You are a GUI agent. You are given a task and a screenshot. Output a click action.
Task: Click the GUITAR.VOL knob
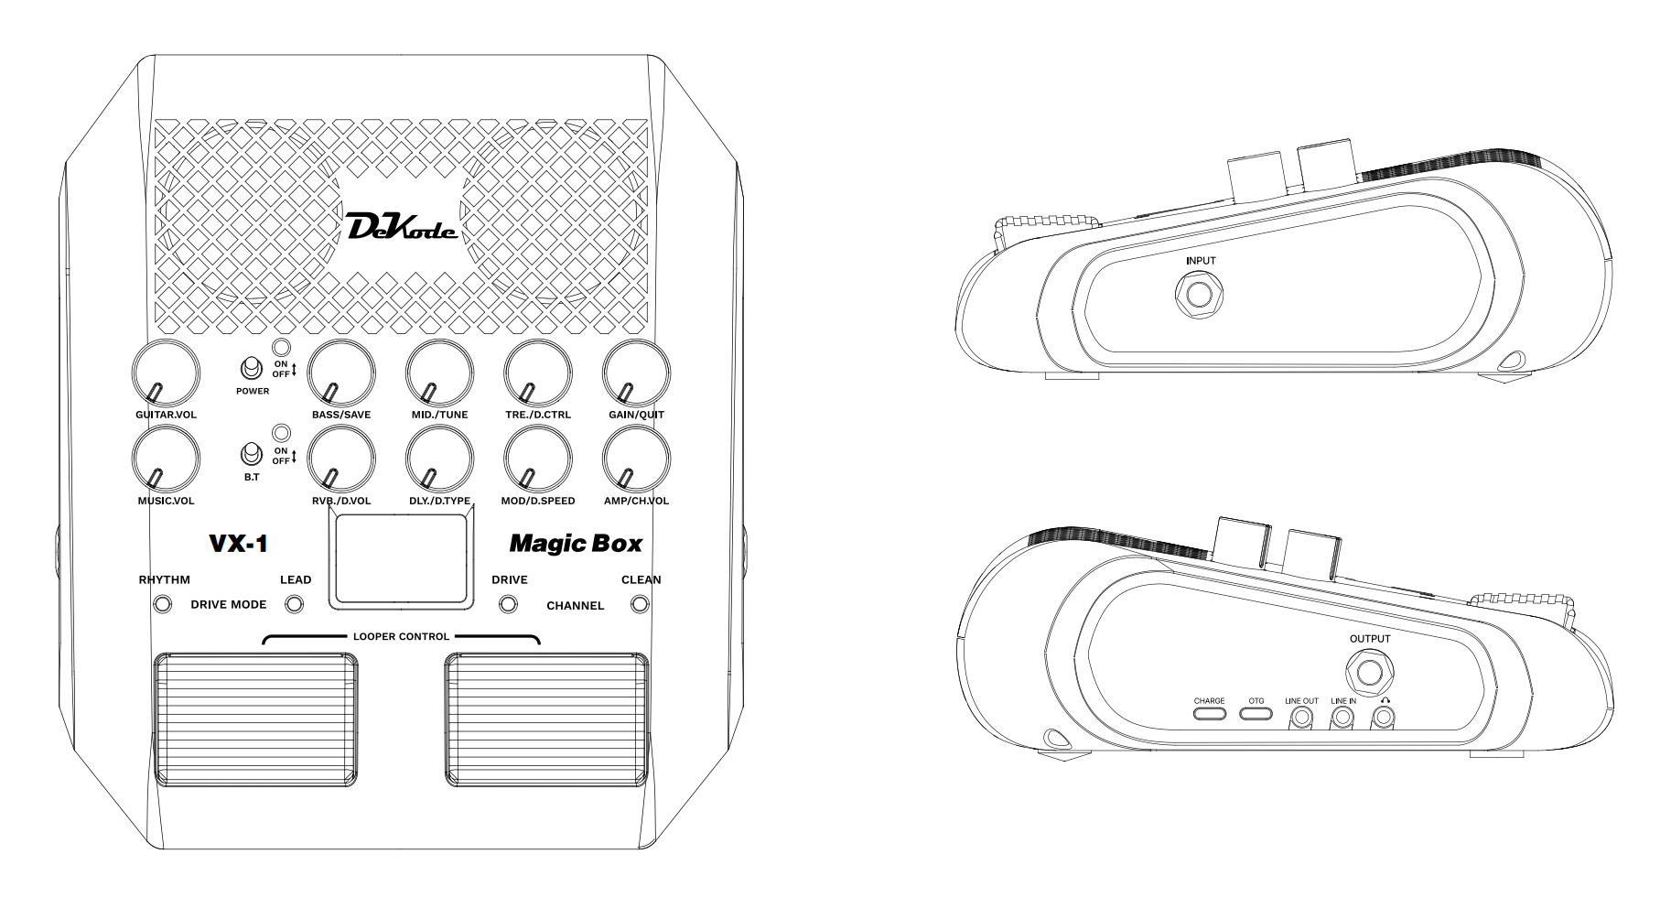point(166,373)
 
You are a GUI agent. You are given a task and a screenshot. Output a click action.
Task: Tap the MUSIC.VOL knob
point(166,459)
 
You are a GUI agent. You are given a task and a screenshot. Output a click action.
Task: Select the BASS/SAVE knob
point(341,373)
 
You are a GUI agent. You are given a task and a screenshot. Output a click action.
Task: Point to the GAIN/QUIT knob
point(636,373)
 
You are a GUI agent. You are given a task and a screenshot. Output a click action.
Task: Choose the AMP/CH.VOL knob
point(636,459)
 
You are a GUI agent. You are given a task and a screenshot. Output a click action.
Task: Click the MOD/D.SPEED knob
point(538,459)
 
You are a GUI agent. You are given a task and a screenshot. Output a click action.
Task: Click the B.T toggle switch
point(249,455)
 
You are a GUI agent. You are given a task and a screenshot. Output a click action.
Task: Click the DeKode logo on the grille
point(403,226)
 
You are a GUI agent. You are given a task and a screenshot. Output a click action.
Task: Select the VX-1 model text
point(238,544)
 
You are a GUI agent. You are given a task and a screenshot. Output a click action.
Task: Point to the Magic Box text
point(576,544)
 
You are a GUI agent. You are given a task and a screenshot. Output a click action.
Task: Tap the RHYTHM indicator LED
point(163,604)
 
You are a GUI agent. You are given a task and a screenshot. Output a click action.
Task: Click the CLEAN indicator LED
point(641,604)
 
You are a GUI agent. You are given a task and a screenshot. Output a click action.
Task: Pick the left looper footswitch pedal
point(256,720)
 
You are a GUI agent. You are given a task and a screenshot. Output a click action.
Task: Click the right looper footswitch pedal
point(545,720)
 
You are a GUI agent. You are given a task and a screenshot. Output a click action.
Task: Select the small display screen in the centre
point(402,559)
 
